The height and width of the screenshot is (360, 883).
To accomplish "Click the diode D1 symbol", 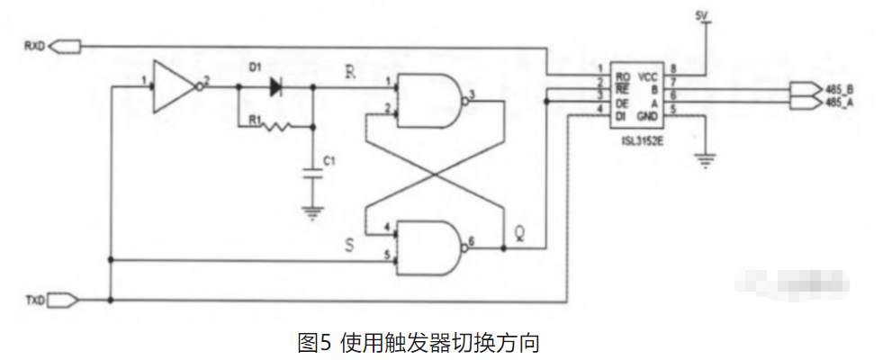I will (275, 86).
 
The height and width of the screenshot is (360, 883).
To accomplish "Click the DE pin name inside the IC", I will (623, 103).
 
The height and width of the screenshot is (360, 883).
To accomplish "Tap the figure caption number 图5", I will (314, 343).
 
